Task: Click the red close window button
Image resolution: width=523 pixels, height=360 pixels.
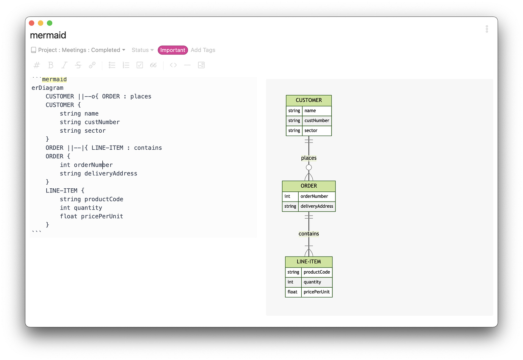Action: pos(31,23)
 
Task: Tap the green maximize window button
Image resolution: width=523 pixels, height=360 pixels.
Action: pos(50,23)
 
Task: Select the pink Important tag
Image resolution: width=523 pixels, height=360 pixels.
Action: pos(172,50)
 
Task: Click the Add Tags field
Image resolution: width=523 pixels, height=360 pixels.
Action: pos(203,50)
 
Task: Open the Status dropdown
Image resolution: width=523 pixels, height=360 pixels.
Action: pos(142,50)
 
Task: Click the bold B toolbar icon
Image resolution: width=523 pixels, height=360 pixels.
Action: pos(51,65)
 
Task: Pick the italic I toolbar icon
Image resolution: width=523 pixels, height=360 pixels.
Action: pos(64,65)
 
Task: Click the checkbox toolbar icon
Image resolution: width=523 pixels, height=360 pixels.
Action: pos(140,65)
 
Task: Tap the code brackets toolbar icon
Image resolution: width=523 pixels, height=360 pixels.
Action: pos(173,65)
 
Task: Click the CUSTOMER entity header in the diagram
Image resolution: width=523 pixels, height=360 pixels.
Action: pos(308,100)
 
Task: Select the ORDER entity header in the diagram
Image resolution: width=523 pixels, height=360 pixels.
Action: pos(308,186)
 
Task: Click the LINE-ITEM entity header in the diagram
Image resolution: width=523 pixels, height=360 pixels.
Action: pos(308,262)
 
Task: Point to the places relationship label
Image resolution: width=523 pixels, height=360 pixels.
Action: pos(308,158)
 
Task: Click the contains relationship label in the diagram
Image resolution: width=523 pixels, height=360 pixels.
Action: pos(308,234)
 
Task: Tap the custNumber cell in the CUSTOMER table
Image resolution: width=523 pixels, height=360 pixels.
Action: pos(317,121)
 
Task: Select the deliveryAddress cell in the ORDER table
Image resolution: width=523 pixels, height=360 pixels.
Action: pos(317,207)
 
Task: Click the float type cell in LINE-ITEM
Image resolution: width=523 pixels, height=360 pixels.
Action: pos(293,292)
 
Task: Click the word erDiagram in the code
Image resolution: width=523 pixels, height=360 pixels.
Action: pos(47,88)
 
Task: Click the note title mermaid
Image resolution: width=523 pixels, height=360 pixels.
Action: pos(48,35)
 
